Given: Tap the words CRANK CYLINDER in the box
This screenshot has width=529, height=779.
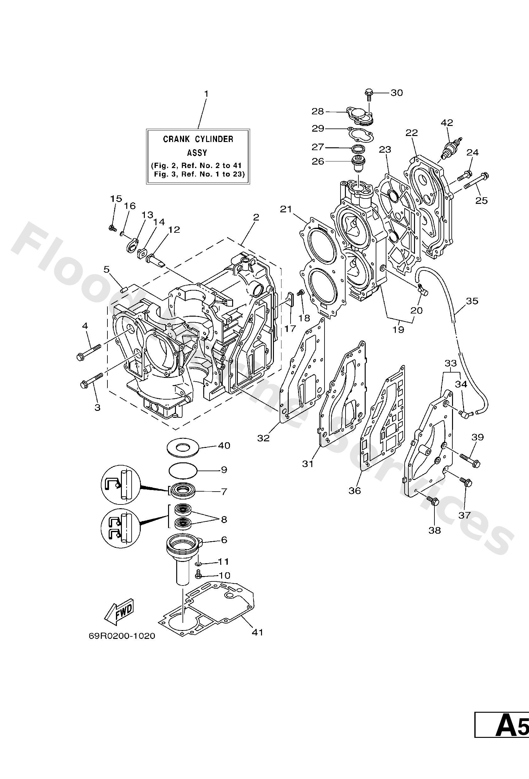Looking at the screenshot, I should [x=198, y=139].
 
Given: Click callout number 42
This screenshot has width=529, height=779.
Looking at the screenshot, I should [x=447, y=123].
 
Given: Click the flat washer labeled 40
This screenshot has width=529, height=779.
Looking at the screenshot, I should [x=183, y=447].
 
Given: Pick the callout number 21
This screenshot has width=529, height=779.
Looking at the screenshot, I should [x=286, y=210].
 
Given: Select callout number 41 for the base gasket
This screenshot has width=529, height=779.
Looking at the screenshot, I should [x=258, y=632].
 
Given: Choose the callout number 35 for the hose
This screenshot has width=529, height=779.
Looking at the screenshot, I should [x=472, y=301].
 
